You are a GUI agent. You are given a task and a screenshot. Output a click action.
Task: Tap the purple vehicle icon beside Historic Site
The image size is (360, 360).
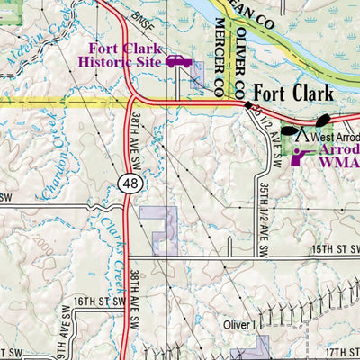point(177,61)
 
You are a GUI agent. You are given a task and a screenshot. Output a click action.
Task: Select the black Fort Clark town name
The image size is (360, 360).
point(292,93)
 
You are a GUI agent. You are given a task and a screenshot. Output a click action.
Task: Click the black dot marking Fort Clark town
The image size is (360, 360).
point(248,104)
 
